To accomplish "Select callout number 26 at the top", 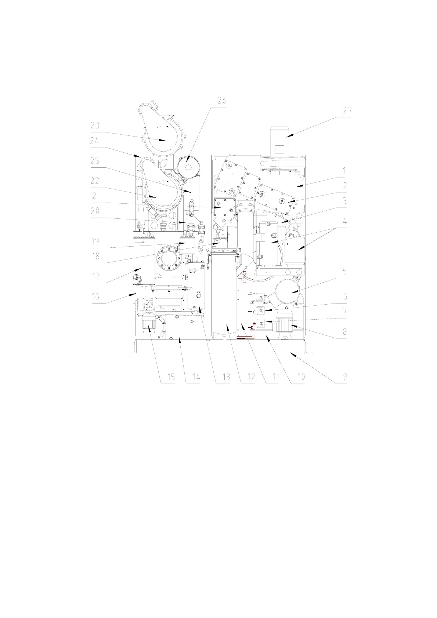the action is [222, 101].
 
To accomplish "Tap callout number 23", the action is [95, 126].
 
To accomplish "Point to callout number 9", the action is [344, 377].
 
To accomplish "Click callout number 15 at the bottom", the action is [171, 377].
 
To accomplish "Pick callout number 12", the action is [251, 377].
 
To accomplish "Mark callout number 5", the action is [344, 272].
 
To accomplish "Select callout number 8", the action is [344, 331].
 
